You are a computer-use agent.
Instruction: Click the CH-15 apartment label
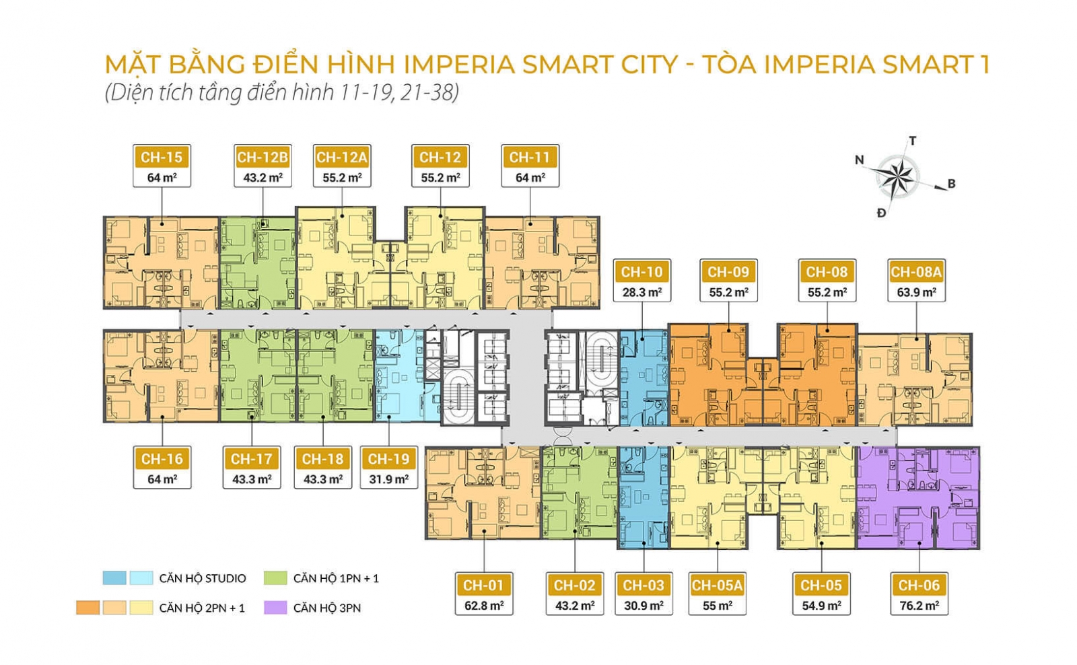[x=162, y=157]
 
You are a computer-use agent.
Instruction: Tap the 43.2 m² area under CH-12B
[x=263, y=178]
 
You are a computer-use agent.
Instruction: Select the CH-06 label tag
[x=918, y=586]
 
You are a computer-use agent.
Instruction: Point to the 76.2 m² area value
[x=918, y=606]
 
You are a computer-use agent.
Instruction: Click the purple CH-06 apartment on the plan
[x=917, y=498]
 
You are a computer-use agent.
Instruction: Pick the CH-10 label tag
[x=641, y=273]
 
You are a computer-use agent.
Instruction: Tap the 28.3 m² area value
[x=641, y=293]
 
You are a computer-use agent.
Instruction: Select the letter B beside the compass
[x=951, y=184]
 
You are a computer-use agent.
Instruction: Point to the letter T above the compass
[x=913, y=141]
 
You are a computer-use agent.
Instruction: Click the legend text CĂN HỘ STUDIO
[x=203, y=578]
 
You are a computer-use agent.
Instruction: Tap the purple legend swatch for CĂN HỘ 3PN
[x=276, y=608]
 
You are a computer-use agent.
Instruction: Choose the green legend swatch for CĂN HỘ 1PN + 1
[x=276, y=578]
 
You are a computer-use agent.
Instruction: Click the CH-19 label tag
[x=388, y=459]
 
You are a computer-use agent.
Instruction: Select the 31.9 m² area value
[x=388, y=479]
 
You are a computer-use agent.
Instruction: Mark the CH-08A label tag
[x=915, y=273]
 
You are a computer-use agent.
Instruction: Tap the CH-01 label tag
[x=483, y=586]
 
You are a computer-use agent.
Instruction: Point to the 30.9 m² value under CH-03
[x=643, y=606]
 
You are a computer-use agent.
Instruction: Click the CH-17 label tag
[x=251, y=459]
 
